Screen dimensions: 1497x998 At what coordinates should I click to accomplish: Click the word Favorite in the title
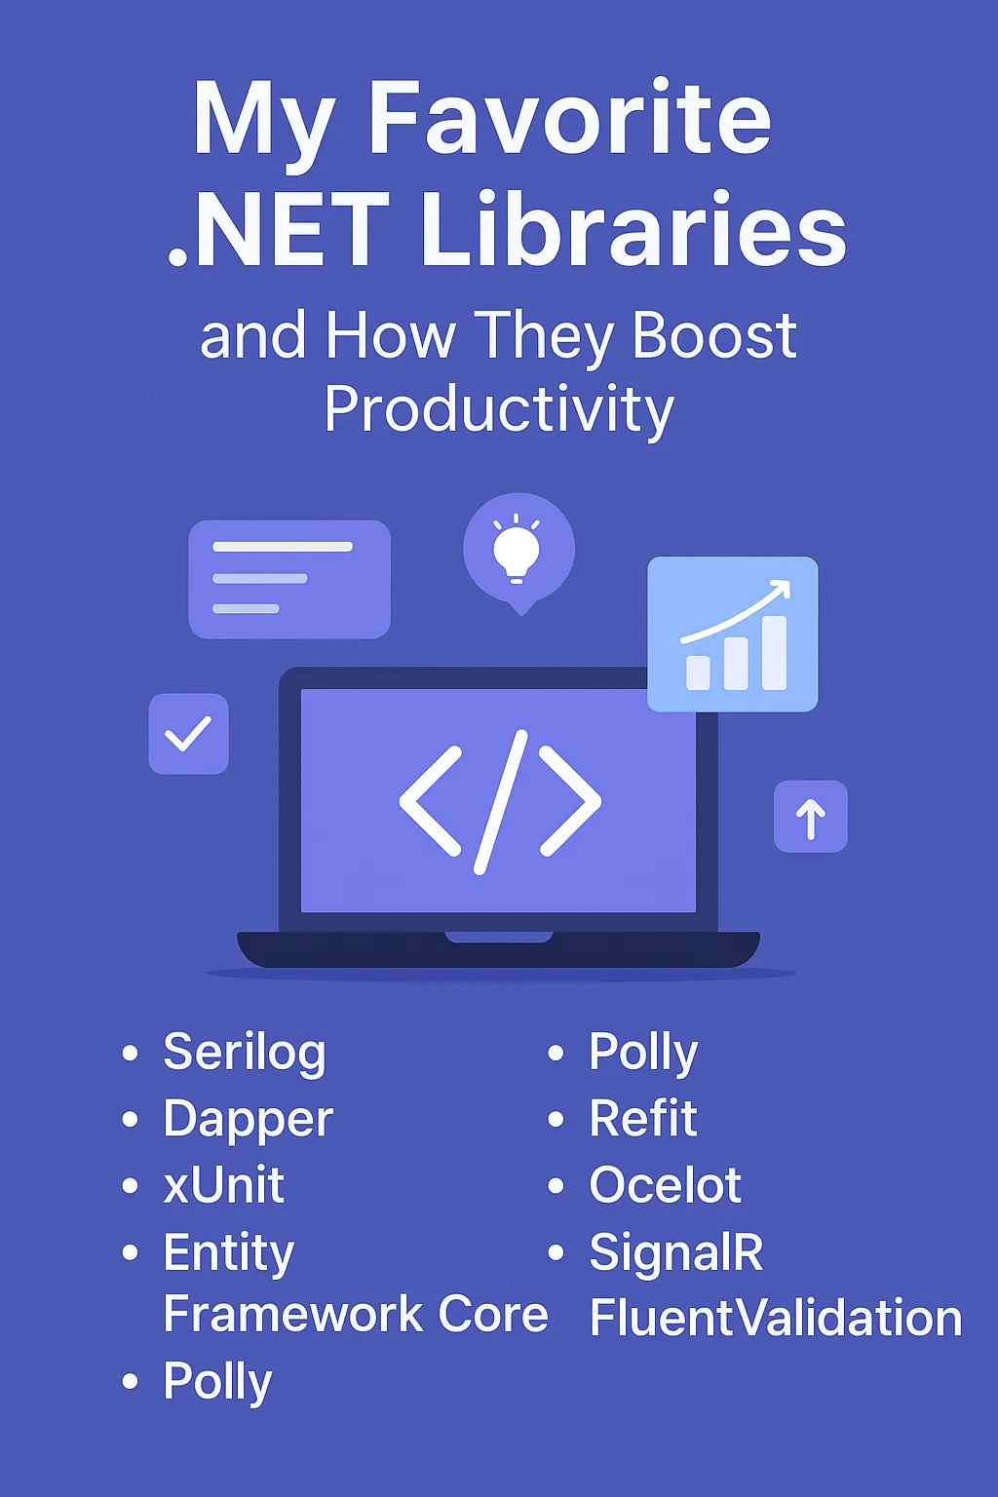point(569,119)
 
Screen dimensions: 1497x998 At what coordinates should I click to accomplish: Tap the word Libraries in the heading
point(633,231)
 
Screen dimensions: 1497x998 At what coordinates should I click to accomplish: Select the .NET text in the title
point(280,231)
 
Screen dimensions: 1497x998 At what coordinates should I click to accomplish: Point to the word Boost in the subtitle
point(713,336)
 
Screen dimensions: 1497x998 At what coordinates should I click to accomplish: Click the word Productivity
point(499,408)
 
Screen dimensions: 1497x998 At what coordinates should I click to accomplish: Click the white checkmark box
point(188,734)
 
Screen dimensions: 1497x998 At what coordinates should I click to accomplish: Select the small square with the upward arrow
point(810,817)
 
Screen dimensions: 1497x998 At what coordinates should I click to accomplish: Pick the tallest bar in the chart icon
point(774,652)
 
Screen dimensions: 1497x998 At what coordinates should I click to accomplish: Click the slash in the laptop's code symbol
point(501,801)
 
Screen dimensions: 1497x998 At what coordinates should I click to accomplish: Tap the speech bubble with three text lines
point(288,579)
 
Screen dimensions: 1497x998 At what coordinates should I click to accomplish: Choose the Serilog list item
point(245,1053)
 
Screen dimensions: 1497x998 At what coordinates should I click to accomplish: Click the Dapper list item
point(249,1119)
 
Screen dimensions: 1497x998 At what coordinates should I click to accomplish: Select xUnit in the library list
point(224,1185)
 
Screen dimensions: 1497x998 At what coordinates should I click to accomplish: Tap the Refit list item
point(643,1119)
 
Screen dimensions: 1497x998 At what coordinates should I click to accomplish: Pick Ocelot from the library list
point(665,1185)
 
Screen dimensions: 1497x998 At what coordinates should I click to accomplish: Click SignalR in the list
point(676,1251)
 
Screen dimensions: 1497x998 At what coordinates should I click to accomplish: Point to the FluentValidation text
point(776,1318)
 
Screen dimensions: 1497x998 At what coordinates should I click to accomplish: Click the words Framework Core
point(356,1315)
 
